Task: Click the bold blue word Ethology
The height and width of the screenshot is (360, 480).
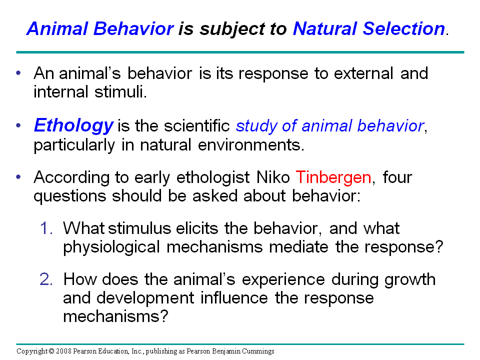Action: tap(73, 125)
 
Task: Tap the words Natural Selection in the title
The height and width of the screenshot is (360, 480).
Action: tap(368, 29)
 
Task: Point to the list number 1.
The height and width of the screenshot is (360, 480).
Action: tap(46, 228)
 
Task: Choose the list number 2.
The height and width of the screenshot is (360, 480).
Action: tap(46, 279)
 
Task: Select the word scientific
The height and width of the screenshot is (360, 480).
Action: tap(195, 126)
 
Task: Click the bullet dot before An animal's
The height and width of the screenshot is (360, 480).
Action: tap(19, 73)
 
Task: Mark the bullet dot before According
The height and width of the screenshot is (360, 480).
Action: tap(19, 177)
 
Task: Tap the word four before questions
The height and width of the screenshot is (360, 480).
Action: tap(397, 177)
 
